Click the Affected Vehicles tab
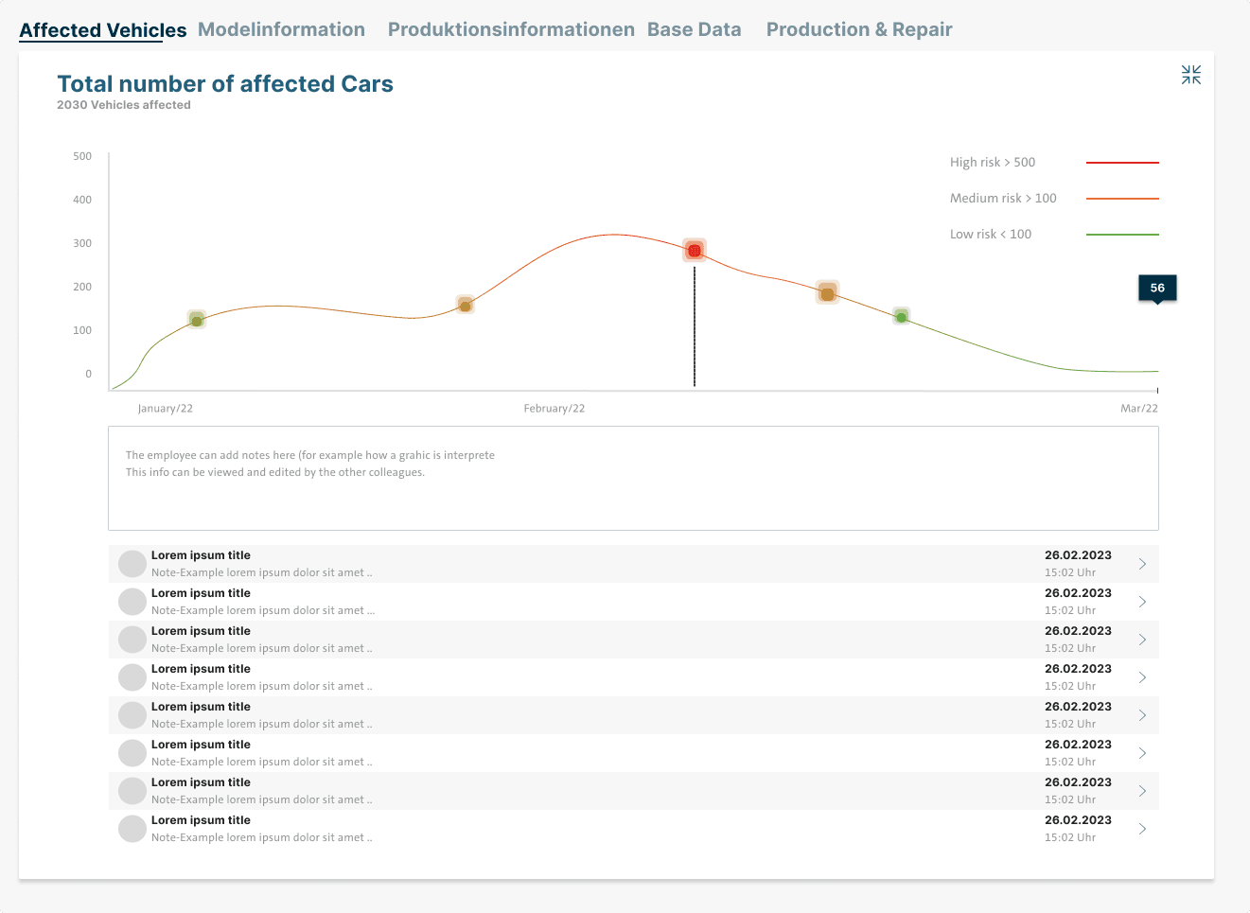pos(103,30)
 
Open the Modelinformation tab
pos(281,30)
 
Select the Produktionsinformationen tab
pos(511,30)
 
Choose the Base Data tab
pos(694,30)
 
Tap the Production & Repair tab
pos(858,30)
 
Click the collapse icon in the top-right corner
pos(1190,75)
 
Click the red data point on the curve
pos(695,251)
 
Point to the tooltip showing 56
pos(1157,288)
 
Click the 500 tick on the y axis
pos(82,156)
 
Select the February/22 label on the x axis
pos(554,409)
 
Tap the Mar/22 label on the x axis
pos(1138,409)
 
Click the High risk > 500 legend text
pos(992,163)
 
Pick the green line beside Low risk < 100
pos(1122,235)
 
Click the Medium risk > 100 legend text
pos(1002,199)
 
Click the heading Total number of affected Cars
pos(225,84)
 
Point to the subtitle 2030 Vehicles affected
pos(124,105)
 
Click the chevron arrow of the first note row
pos(1142,564)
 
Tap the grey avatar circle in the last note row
pos(132,829)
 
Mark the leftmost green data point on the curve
pos(196,321)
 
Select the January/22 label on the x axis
pos(166,409)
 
